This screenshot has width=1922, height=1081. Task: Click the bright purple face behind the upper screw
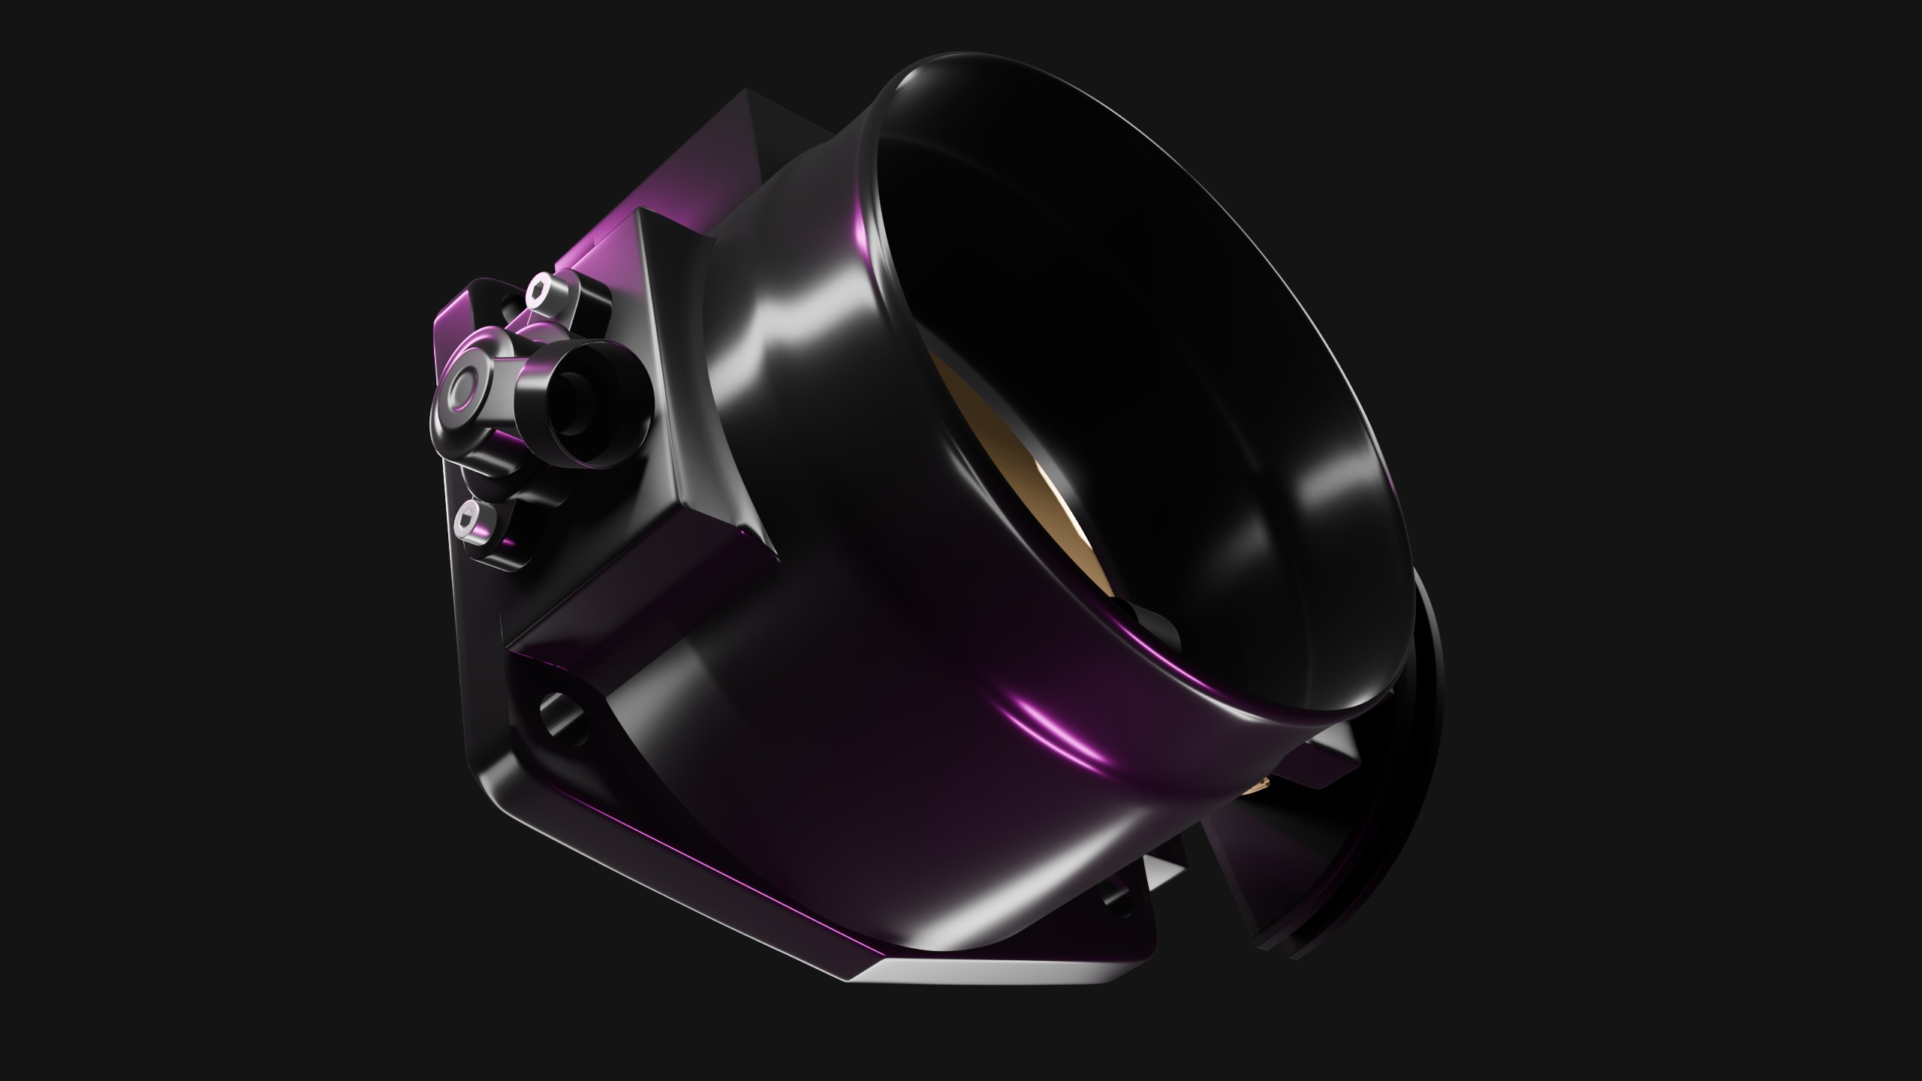(x=593, y=248)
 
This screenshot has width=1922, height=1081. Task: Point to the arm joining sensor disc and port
(x=518, y=383)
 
